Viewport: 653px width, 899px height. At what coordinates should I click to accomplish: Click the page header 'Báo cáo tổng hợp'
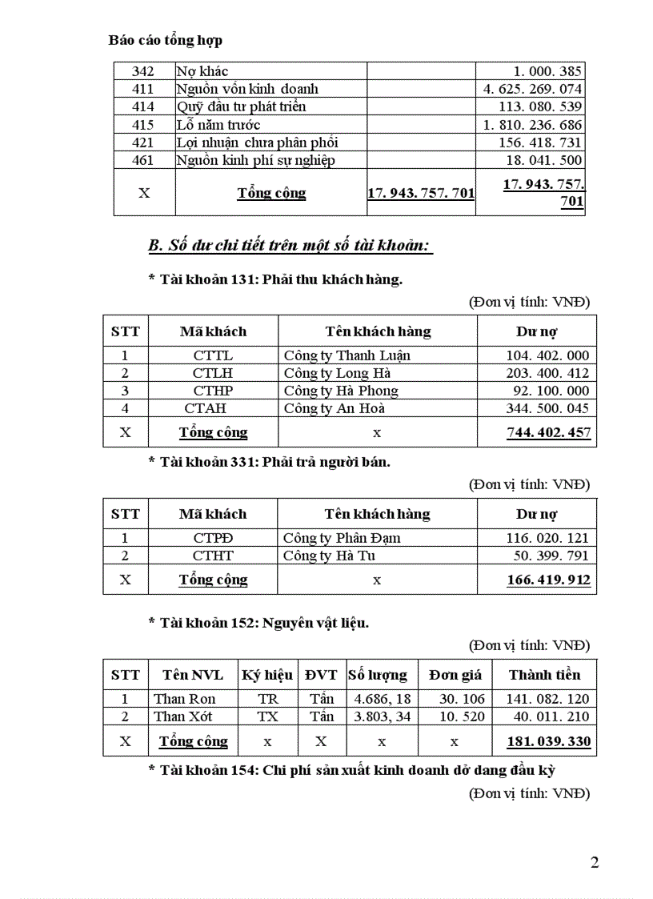click(166, 39)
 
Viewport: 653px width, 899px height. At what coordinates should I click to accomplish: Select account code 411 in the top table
click(142, 89)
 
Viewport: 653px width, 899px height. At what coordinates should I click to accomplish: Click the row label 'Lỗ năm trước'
click(218, 125)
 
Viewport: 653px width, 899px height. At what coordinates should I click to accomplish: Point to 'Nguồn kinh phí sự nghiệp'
click(255, 160)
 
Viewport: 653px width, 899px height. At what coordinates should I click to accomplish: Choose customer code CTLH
click(212, 373)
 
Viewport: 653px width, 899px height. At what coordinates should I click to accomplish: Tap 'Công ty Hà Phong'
click(341, 391)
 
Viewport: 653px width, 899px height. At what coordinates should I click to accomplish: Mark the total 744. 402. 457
click(548, 432)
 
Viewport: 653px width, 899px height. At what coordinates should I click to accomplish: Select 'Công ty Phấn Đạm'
click(342, 538)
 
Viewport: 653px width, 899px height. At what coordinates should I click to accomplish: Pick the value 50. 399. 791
click(547, 556)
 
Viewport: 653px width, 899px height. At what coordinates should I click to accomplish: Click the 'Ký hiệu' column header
click(267, 675)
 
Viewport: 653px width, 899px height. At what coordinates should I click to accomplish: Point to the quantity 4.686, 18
click(382, 699)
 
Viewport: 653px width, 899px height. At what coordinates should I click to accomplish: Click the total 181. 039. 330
click(548, 741)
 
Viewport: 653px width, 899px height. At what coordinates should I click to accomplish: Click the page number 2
click(594, 862)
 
